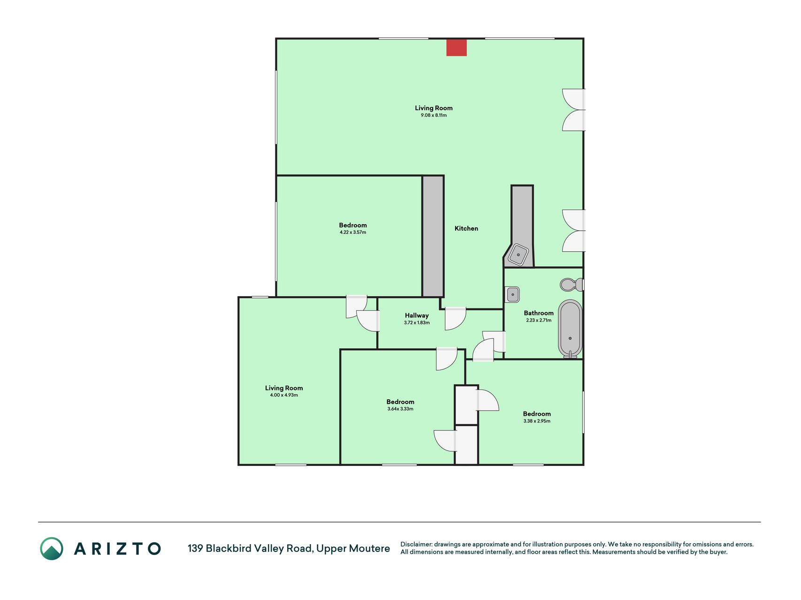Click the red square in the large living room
[x=456, y=48]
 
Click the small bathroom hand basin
[x=512, y=294]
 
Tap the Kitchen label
[x=466, y=228]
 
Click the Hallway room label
[x=417, y=315]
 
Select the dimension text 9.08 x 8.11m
[x=434, y=115]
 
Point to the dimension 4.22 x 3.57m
[x=353, y=232]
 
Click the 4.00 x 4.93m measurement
[x=284, y=395]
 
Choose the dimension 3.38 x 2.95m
[x=537, y=421]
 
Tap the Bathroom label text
[x=539, y=313]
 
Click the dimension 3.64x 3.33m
[x=400, y=409]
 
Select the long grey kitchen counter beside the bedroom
[x=433, y=236]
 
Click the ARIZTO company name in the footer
[x=117, y=548]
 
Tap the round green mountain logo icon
[x=52, y=548]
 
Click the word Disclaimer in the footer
[x=416, y=544]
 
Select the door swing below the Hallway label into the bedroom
[x=447, y=359]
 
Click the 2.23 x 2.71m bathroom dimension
[x=539, y=321]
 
